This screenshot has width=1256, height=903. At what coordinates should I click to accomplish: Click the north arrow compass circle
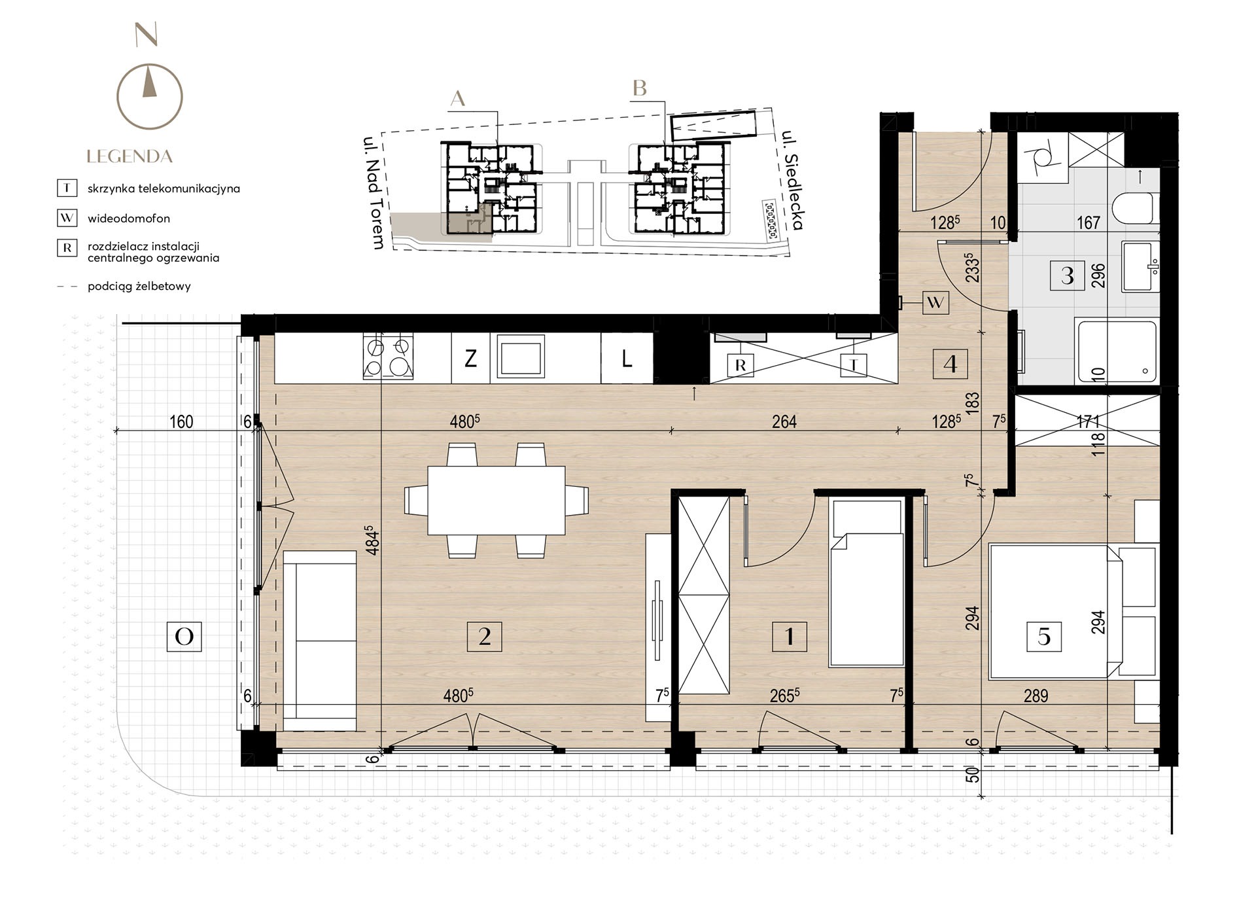click(x=118, y=96)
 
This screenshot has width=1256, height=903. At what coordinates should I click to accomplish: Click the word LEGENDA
click(x=130, y=156)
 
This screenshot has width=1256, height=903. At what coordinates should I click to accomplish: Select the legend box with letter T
click(x=67, y=188)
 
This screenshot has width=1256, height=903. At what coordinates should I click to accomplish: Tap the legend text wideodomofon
click(x=129, y=219)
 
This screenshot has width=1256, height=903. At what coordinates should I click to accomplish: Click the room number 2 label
click(x=485, y=636)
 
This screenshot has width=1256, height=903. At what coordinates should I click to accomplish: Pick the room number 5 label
click(x=1044, y=636)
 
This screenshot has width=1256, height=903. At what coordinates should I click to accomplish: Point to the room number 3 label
click(x=1068, y=275)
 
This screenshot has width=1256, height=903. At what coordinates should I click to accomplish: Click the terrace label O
click(x=184, y=636)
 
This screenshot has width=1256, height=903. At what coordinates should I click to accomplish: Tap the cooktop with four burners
click(x=389, y=357)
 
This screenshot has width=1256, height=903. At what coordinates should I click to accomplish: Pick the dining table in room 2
click(x=497, y=501)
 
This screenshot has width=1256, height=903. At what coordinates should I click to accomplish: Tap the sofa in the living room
click(x=320, y=641)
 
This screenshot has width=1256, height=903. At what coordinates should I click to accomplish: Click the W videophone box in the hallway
click(x=935, y=302)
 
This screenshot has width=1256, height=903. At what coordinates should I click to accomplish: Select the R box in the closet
click(x=741, y=365)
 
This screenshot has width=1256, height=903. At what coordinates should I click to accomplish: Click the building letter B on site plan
click(x=640, y=88)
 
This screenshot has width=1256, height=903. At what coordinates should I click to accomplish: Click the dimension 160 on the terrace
click(x=181, y=421)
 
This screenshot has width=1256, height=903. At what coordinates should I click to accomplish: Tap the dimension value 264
click(x=784, y=421)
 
